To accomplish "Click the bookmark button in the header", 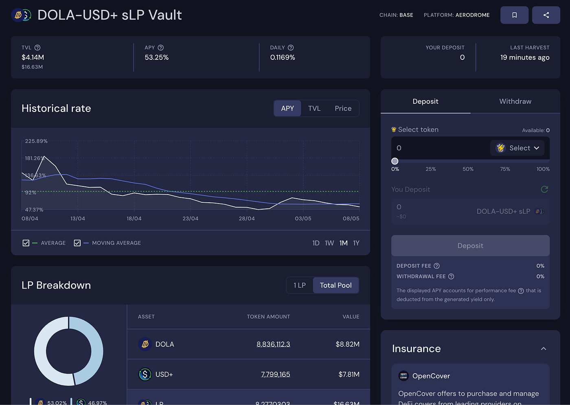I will point(514,15).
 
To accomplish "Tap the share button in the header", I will point(546,15).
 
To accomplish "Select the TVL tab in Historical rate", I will point(314,108).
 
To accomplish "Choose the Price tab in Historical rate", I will point(343,108).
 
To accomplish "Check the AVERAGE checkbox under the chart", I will point(26,243).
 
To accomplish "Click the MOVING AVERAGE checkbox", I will point(77,243).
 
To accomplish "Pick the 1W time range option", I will point(329,243).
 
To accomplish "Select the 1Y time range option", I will point(356,243).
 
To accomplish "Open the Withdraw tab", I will point(515,101).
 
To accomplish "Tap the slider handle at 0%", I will point(395,161).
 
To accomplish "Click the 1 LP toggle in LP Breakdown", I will point(300,285).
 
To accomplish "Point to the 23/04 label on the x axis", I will point(191,219).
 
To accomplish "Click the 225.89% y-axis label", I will point(36,141).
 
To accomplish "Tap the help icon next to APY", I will point(161,48).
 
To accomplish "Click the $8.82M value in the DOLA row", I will point(347,344).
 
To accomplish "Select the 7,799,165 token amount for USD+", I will point(276,374).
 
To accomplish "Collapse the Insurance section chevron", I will point(544,349).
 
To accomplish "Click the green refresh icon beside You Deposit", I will point(544,189).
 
